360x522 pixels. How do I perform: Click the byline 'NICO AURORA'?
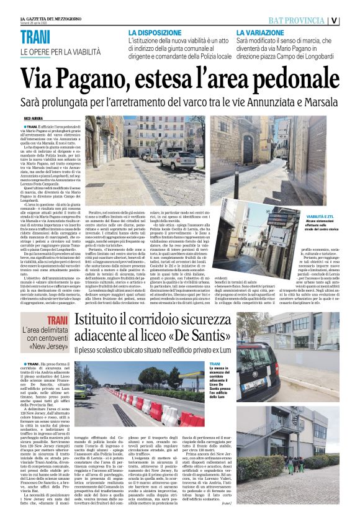36,117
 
